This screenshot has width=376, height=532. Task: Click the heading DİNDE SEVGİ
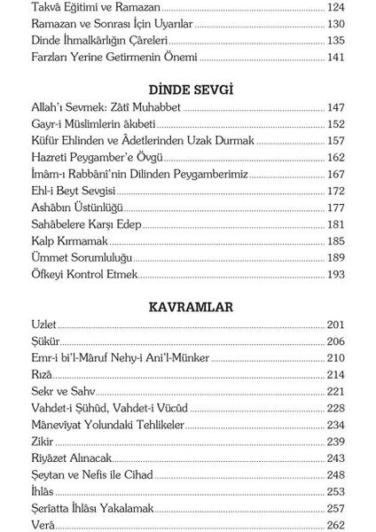[191, 90]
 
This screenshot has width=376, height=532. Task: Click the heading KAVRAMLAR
[190, 307]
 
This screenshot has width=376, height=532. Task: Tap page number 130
[334, 24]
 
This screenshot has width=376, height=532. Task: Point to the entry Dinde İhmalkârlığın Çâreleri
[100, 41]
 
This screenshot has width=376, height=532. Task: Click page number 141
[334, 58]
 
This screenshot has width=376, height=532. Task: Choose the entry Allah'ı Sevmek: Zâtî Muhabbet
[106, 107]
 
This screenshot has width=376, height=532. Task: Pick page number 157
[334, 141]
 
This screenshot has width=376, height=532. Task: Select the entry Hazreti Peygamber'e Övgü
[98, 158]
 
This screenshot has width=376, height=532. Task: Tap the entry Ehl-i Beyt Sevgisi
[74, 191]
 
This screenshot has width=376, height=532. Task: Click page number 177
[334, 207]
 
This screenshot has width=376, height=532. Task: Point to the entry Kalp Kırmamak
[69, 241]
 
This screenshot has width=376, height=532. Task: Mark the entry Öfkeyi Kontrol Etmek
[84, 275]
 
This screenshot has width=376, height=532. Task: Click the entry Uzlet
[44, 325]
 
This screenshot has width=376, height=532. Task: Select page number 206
[334, 341]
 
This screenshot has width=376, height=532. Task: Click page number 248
[334, 475]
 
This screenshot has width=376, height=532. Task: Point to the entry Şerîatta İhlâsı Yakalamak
[93, 508]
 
